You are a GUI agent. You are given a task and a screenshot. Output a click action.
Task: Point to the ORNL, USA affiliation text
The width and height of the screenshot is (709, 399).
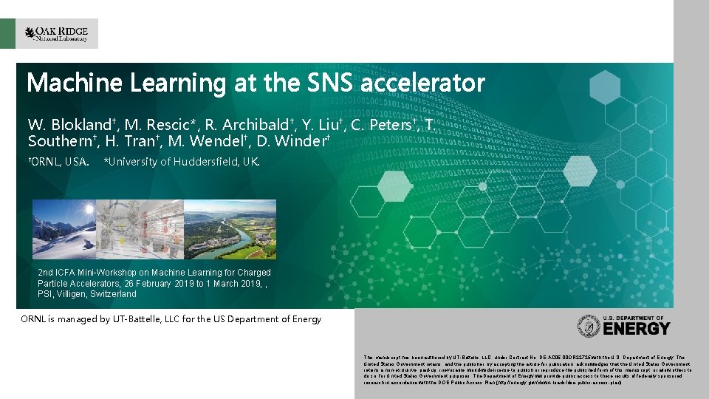point(58,161)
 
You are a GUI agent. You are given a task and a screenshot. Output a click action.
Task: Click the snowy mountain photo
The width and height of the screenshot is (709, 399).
point(63,229)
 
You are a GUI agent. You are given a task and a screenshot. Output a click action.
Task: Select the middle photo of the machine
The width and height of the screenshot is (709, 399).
point(148,229)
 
